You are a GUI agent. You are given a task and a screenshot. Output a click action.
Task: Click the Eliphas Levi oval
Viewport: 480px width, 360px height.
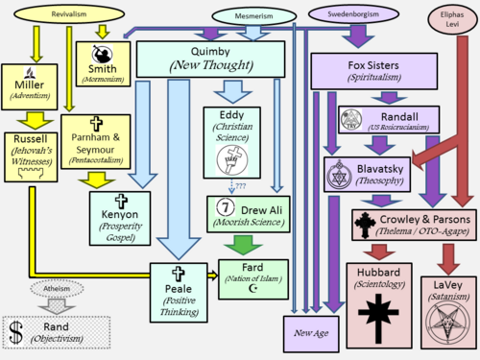(452, 18)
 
